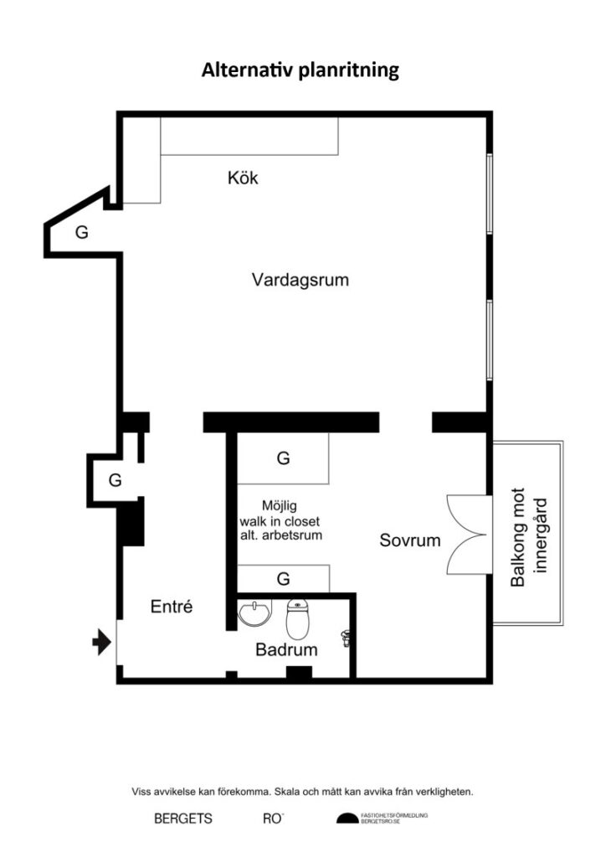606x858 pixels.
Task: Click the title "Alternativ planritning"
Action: (x=300, y=70)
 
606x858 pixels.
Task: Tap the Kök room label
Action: (x=243, y=178)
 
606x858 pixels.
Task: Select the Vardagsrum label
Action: (x=300, y=280)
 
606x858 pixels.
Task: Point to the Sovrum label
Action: (x=410, y=540)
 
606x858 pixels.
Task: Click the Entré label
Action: (x=172, y=607)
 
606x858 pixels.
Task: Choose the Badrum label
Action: (x=286, y=649)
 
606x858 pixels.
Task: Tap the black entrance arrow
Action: (x=101, y=642)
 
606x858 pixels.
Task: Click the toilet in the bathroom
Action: (x=297, y=619)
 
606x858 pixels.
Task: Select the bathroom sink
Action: (x=254, y=612)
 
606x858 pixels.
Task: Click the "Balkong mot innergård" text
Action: (x=528, y=536)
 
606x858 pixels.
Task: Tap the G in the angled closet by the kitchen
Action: (x=81, y=232)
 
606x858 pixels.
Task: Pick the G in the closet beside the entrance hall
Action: (x=115, y=480)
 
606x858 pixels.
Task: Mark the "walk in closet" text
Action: (x=280, y=521)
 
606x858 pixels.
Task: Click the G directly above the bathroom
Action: (x=283, y=578)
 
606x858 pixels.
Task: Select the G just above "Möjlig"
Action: (x=283, y=457)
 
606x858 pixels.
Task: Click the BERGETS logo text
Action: (x=183, y=819)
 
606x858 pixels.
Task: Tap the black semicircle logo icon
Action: (x=347, y=819)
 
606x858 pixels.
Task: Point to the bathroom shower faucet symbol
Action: (x=346, y=638)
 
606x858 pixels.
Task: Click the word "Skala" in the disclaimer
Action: (x=287, y=791)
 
